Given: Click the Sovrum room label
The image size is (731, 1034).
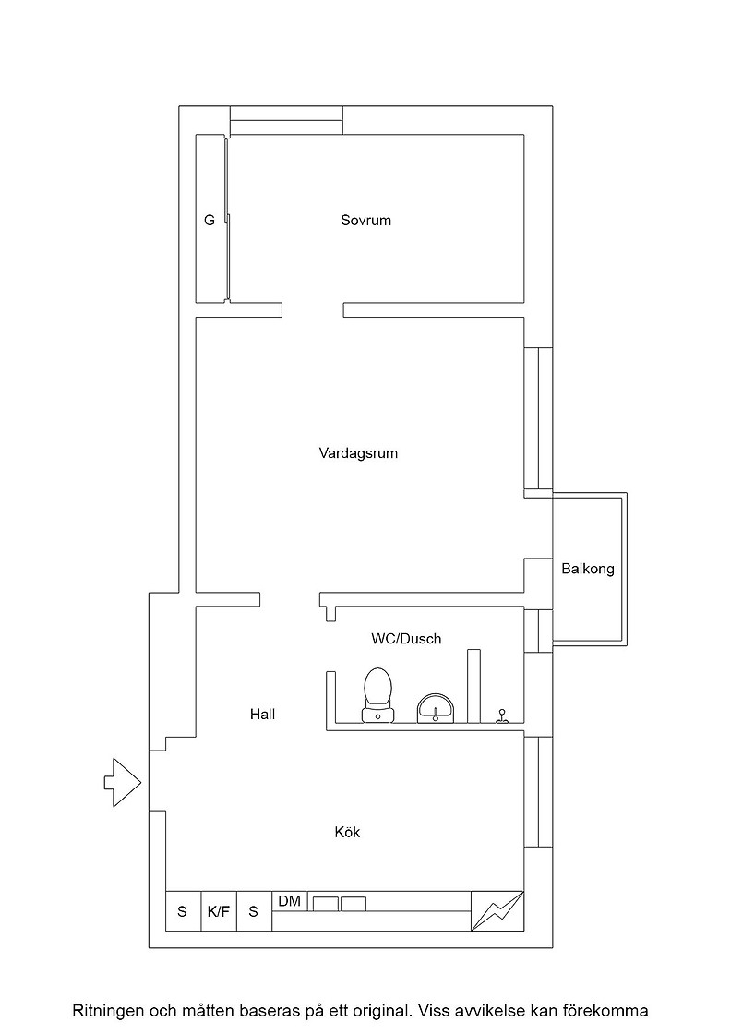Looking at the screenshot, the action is tap(365, 221).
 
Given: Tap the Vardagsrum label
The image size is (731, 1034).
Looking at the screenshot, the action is tap(359, 453).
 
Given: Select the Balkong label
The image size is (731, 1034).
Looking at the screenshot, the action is tap(588, 569).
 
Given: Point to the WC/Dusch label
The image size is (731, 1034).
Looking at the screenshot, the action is tap(406, 638).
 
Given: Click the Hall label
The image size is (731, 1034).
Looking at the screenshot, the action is tap(262, 715).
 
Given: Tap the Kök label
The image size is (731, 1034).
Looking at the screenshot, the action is tap(347, 832).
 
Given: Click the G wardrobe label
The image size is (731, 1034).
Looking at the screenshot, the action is tap(210, 221).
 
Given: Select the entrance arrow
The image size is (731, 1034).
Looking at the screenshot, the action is tap(123, 783).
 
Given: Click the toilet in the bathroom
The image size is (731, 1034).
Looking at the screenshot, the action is tap(377, 694).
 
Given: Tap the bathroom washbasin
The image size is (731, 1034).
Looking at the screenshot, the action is tap(436, 708).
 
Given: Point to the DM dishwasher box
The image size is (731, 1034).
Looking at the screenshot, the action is tap(290, 901).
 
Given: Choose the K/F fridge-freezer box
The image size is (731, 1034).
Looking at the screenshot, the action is tap(219, 911).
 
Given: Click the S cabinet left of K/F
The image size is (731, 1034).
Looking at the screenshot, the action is tap(183, 911).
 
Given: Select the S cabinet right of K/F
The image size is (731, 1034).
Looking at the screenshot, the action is tap(254, 911).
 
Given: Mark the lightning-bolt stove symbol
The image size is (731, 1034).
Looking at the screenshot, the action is tap(497, 910).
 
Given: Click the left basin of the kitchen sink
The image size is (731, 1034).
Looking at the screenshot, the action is tap(325, 904).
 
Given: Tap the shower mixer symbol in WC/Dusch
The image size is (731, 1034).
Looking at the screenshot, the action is tap(502, 716).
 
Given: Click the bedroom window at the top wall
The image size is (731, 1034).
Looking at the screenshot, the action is tap(287, 121).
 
